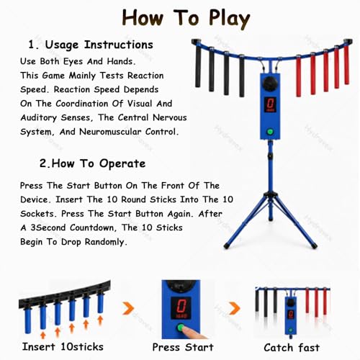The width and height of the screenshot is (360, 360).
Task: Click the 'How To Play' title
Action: [186, 19]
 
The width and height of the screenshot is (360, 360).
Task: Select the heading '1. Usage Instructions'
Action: [91, 45]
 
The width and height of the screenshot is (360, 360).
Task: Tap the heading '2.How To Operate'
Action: [92, 163]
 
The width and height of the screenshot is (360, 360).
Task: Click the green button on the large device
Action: [270, 132]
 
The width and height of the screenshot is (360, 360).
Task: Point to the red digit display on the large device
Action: [270, 104]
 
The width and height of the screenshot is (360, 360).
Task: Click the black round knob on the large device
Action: [270, 84]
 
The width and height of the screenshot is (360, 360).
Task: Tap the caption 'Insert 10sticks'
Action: [63, 347]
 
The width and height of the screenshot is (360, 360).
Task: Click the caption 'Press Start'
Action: [183, 347]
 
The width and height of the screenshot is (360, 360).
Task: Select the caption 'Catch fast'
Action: [292, 348]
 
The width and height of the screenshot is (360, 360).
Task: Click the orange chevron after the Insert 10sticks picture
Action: [128, 308]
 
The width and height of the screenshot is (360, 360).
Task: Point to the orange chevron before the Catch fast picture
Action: [235, 308]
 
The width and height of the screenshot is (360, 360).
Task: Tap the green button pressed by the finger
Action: [181, 328]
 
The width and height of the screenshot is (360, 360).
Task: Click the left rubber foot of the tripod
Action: [226, 246]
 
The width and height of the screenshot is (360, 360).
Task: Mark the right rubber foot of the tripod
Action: [314, 246]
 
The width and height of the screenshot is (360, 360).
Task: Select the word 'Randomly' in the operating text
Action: [105, 242]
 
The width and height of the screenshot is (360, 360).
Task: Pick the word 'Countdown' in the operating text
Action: [93, 228]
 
